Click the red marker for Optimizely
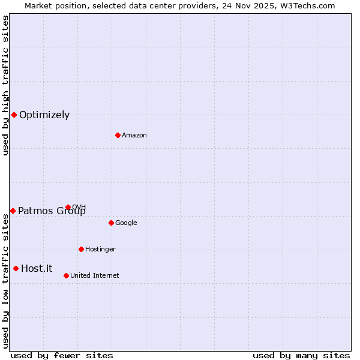tap(14, 115)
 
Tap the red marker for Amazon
tap(118, 135)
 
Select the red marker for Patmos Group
tap(13, 211)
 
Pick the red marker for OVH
tap(68, 207)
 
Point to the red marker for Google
tap(111, 223)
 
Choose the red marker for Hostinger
tap(81, 249)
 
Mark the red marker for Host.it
tap(16, 268)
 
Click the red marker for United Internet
tap(66, 275)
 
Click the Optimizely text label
tap(44, 115)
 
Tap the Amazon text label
tap(134, 136)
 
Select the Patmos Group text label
tap(52, 211)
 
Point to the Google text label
tap(126, 223)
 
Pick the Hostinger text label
tap(100, 250)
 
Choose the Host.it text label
tap(37, 269)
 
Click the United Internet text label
tap(94, 276)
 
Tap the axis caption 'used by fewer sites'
tap(62, 355)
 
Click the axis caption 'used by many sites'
tap(301, 355)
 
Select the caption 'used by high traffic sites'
tap(5, 85)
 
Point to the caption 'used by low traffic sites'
tap(5, 281)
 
